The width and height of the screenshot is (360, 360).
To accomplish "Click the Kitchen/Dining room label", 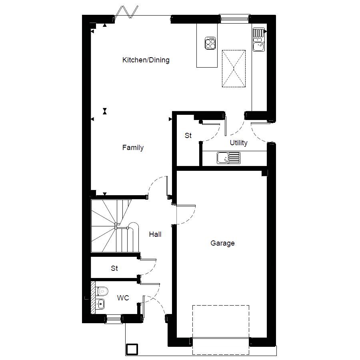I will [146, 60].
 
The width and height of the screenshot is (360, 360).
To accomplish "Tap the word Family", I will [133, 148].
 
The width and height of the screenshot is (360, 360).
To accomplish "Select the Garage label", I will [222, 243].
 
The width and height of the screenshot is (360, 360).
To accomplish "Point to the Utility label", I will [238, 143].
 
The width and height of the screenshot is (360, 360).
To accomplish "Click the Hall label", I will [155, 234].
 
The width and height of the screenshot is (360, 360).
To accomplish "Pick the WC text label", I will [123, 298].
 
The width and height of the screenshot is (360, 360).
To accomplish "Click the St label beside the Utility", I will [188, 136].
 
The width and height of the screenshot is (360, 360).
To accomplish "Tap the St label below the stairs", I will [114, 268].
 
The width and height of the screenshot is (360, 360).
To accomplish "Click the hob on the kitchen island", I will [210, 43].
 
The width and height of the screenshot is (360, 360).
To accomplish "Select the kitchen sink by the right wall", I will [258, 40].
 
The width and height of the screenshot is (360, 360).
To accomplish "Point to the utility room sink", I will [228, 158].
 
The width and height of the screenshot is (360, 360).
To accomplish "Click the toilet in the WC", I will [102, 291].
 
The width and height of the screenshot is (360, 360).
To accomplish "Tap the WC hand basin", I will [100, 304].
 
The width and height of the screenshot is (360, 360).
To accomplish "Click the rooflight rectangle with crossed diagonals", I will [234, 68].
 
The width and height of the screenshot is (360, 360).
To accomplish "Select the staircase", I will [114, 226].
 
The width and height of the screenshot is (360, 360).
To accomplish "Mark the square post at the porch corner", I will [132, 349].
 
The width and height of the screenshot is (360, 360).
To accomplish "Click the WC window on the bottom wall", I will [114, 318].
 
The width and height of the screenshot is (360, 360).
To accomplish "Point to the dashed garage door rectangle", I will [221, 330].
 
